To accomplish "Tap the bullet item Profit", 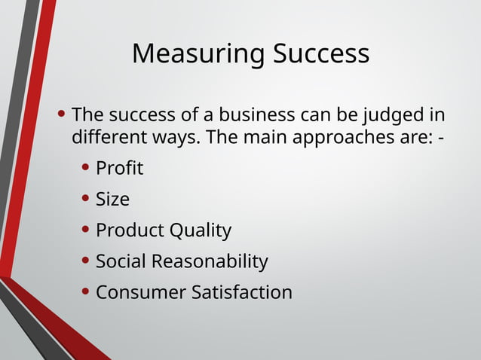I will point(119,168).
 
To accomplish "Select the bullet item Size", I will point(112,199).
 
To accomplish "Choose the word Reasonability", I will point(210,261).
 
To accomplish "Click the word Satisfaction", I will point(242,291).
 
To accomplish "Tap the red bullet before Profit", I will point(87,168).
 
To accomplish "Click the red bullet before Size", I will point(87,199).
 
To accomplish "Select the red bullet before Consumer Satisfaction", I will point(87,291).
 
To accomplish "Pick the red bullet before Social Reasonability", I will point(87,261).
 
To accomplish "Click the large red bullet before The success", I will point(62,115).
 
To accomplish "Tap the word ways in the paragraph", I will point(173,138).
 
